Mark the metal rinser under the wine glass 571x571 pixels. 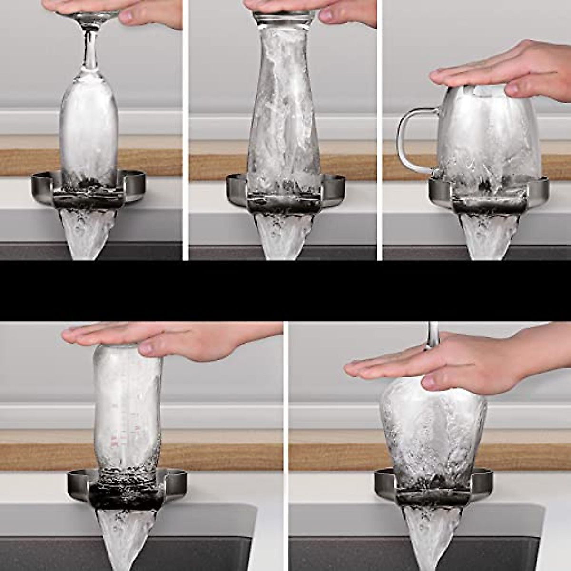(x=433, y=495)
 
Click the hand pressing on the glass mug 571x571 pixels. (x=504, y=71)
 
